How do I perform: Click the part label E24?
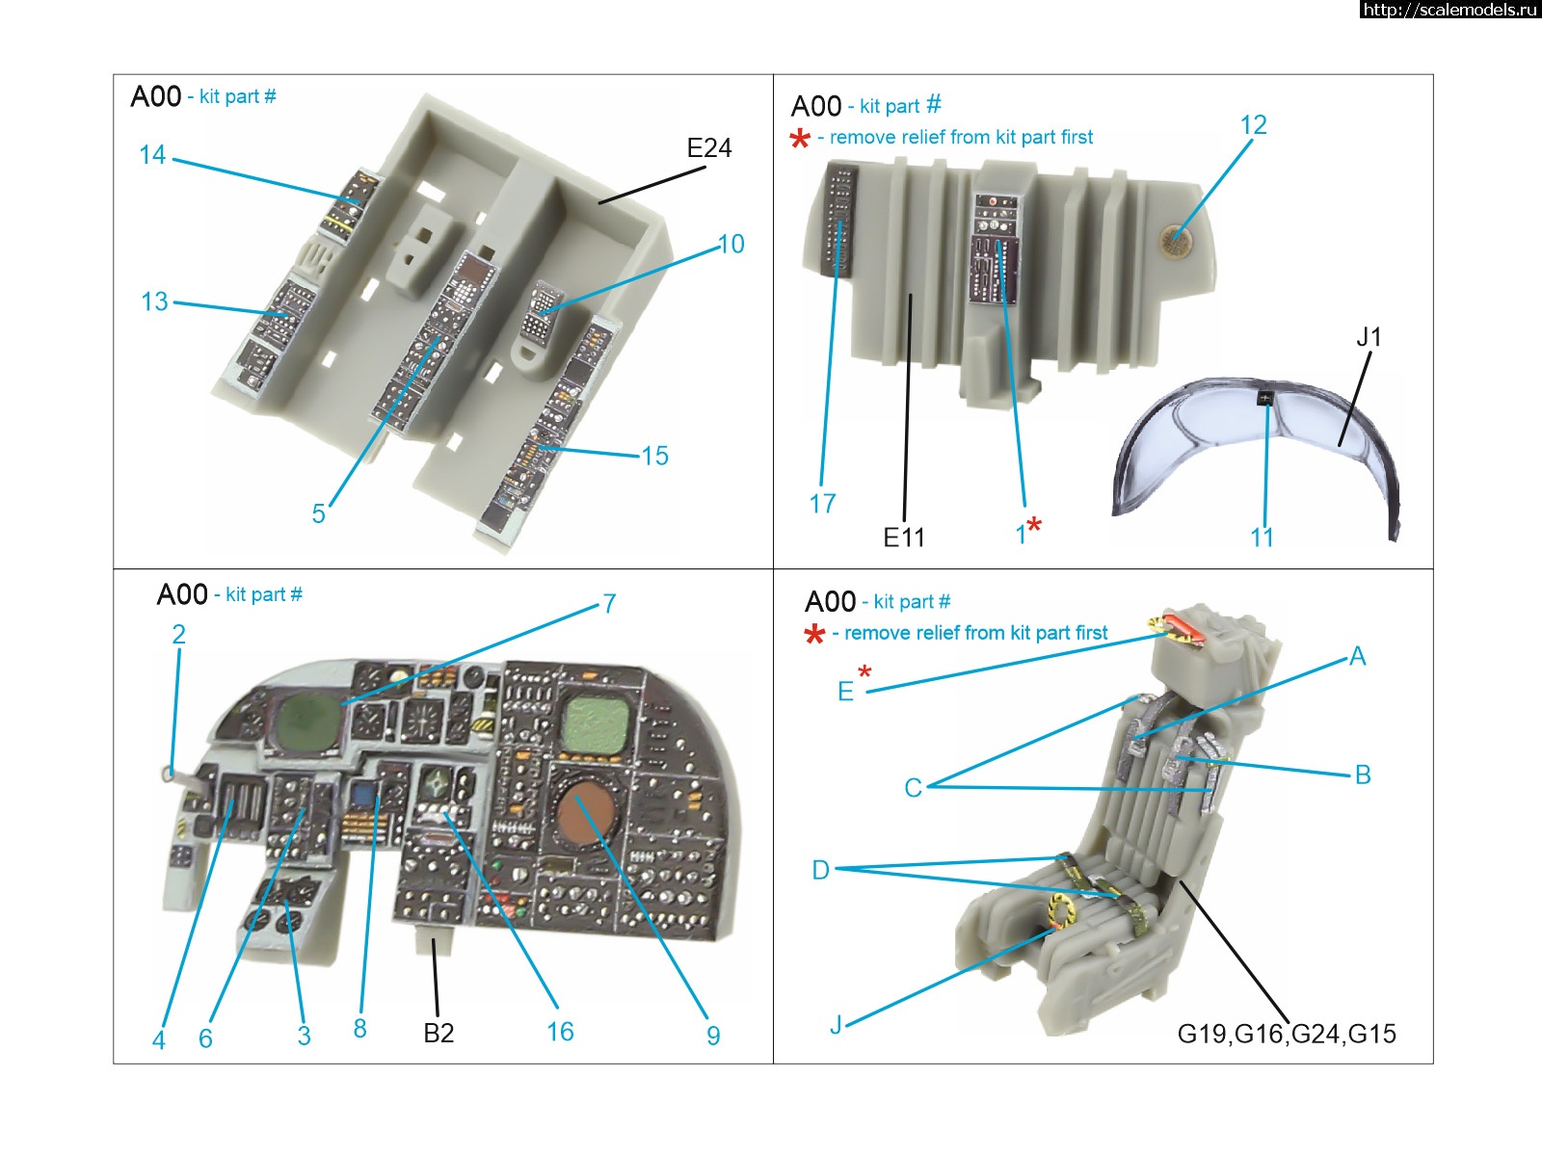(x=708, y=148)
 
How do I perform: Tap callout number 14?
(x=152, y=155)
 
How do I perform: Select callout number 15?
(x=654, y=456)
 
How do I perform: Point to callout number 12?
(x=1253, y=125)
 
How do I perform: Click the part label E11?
(x=903, y=538)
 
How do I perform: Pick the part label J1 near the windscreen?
(x=1369, y=337)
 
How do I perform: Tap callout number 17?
(x=822, y=504)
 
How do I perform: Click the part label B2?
(x=439, y=1034)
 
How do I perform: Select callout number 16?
(x=560, y=1033)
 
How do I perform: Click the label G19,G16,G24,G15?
(x=1287, y=1035)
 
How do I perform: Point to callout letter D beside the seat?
(x=820, y=871)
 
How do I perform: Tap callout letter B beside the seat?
(x=1362, y=775)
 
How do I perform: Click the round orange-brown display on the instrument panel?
(x=586, y=811)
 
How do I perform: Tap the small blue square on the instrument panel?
(x=363, y=796)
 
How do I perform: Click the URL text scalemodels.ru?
(x=1450, y=10)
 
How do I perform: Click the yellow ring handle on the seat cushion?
(x=1061, y=910)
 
